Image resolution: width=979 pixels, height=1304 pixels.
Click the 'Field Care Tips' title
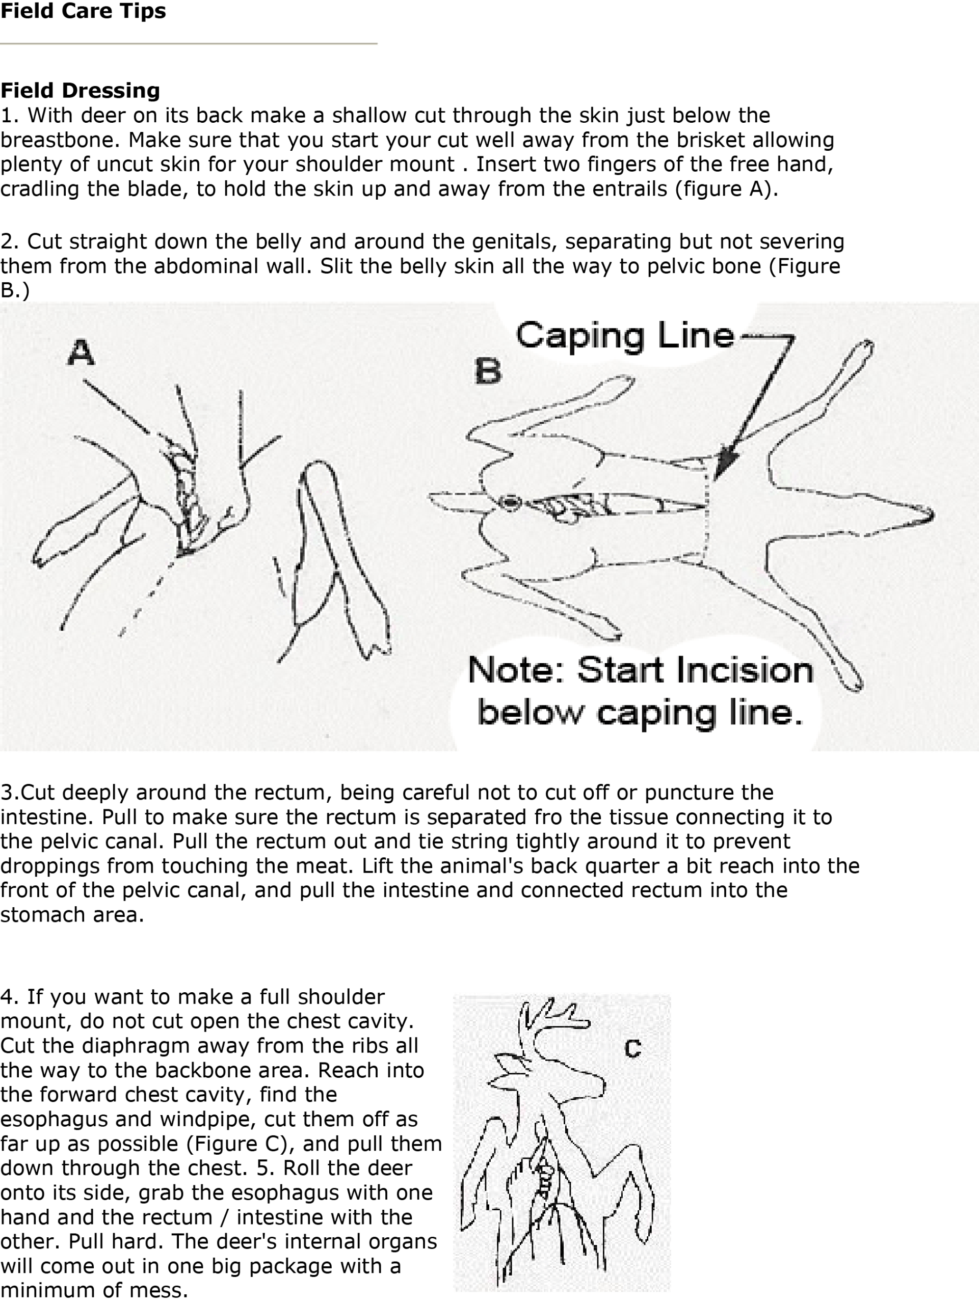coord(83,11)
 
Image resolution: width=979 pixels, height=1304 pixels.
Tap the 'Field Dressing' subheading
coord(80,90)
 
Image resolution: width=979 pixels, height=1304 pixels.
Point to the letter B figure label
coord(488,371)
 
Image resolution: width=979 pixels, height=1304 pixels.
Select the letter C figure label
coord(633,1048)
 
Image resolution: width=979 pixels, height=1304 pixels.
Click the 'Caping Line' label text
coord(625,336)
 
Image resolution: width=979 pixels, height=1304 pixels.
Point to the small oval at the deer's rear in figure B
coord(510,503)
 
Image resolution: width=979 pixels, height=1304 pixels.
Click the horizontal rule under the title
coord(189,43)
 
